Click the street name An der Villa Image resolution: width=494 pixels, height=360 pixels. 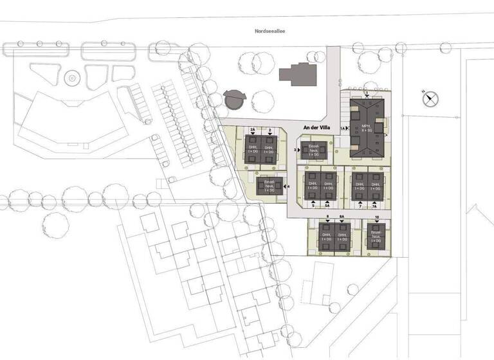(x=316, y=128)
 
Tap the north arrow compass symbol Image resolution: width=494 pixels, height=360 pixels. (x=430, y=98)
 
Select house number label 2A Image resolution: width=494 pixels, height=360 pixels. (x=253, y=130)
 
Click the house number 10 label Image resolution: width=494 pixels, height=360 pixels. (x=376, y=218)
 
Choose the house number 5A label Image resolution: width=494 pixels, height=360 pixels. (x=327, y=206)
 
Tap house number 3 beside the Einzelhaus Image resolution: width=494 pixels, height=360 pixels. (x=295, y=150)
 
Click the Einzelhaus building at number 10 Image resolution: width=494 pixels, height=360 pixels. (x=376, y=239)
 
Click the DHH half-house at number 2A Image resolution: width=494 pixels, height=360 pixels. (x=253, y=149)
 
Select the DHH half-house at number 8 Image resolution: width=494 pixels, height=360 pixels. (x=327, y=239)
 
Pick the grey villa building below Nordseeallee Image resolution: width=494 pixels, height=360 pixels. (x=298, y=74)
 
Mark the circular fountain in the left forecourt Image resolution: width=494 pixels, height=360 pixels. (x=72, y=78)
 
